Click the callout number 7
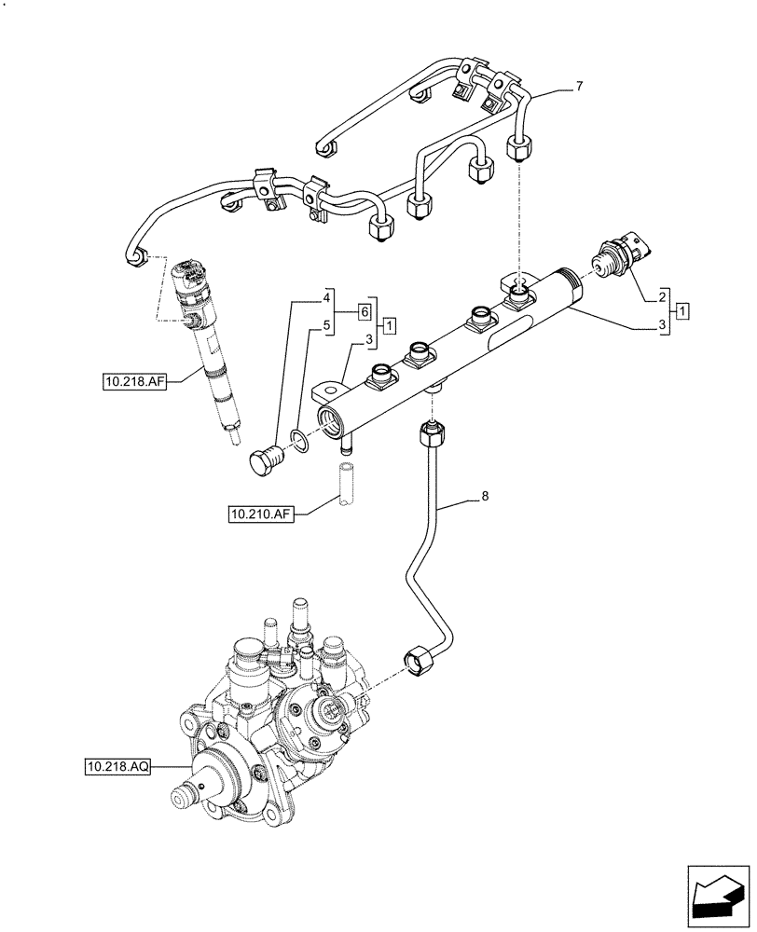pos(579,87)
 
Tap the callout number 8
pos(484,499)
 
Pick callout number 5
pos(327,326)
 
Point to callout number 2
pos(661,295)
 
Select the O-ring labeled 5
pos(297,438)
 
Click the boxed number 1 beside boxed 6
pos(390,324)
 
